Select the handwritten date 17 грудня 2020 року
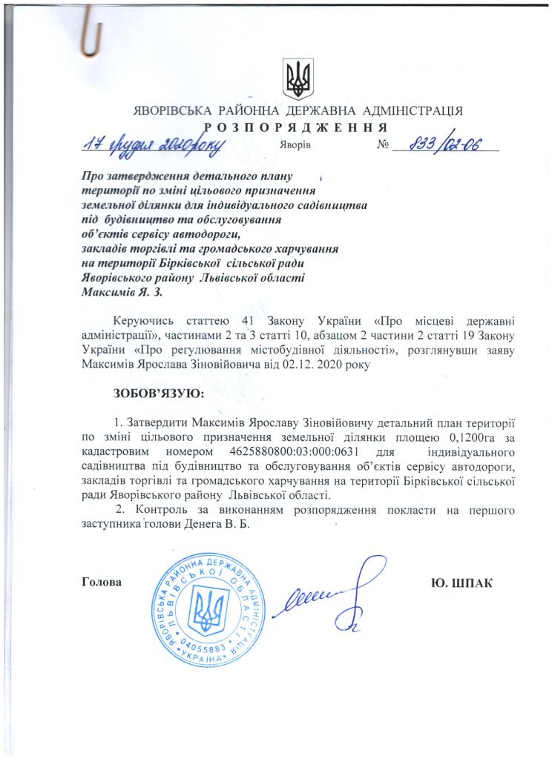tap(152, 143)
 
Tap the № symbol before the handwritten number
tap(384, 145)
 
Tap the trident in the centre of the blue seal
tap(202, 610)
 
